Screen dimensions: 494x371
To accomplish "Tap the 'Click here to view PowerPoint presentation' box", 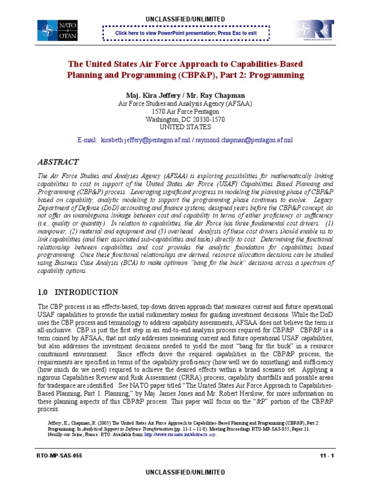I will coord(185,33).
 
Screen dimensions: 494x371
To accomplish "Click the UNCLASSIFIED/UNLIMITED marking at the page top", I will coord(185,19).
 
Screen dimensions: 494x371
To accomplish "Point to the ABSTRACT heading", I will coord(59,162).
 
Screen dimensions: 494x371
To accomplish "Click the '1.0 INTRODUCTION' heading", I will coord(77,292).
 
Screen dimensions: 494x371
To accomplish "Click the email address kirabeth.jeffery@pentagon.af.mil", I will coord(146,139).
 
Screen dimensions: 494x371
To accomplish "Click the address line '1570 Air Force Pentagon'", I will coord(185,111).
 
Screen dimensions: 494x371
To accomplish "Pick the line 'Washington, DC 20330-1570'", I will coord(185,119).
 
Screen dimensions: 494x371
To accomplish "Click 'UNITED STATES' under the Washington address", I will coord(185,127).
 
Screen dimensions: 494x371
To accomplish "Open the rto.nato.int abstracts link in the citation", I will coord(181,434).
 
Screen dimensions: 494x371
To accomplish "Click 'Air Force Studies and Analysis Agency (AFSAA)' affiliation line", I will coord(185,104).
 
